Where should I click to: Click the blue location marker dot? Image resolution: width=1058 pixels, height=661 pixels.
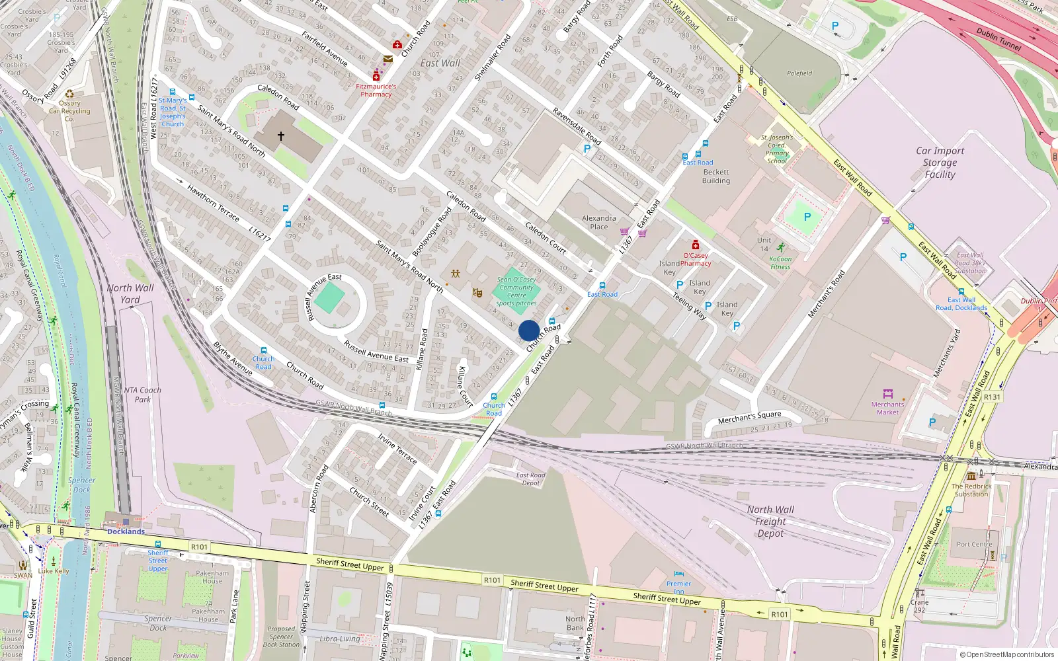click(529, 330)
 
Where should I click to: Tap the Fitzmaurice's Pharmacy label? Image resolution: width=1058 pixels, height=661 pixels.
click(376, 91)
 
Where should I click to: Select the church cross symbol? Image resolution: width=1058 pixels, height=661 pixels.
click(281, 136)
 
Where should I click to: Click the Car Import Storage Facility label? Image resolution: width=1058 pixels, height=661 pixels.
click(940, 163)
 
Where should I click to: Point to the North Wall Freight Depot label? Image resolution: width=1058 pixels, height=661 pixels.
click(770, 522)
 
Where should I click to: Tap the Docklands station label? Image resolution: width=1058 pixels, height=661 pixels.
click(126, 531)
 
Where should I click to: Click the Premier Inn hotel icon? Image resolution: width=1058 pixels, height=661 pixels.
click(679, 574)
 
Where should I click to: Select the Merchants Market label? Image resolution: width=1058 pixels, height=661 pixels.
click(887, 408)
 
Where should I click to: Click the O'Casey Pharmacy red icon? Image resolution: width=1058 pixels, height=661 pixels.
click(696, 245)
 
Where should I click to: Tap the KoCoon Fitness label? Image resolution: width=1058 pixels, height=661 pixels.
click(780, 263)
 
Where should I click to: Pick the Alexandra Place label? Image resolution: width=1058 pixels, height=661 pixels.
click(598, 223)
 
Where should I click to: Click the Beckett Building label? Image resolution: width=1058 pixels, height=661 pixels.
click(716, 176)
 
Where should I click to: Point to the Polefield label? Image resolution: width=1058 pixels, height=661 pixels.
click(799, 73)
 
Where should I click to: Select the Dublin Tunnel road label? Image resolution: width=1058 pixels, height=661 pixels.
click(998, 39)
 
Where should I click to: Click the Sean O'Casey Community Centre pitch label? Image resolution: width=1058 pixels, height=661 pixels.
click(516, 291)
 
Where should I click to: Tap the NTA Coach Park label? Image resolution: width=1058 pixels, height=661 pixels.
click(143, 395)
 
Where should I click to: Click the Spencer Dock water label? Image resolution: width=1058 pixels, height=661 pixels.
click(81, 485)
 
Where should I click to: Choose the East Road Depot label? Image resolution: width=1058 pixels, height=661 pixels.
click(531, 479)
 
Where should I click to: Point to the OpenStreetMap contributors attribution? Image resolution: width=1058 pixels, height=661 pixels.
click(1006, 654)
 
